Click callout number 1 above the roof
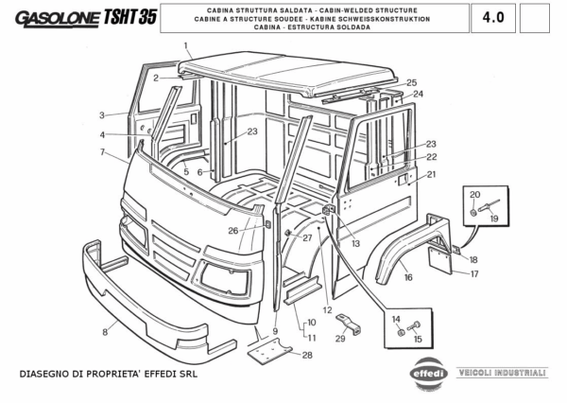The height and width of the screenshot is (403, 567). [x=187, y=45]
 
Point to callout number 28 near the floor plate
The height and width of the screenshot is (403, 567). [x=307, y=355]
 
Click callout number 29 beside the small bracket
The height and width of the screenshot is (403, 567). [x=340, y=339]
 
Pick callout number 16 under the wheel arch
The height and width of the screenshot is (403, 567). [x=407, y=277]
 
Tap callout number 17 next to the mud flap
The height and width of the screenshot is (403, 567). [x=475, y=273]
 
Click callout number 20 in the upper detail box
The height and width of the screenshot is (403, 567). [x=473, y=193]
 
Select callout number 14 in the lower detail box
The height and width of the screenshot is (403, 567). [x=396, y=320]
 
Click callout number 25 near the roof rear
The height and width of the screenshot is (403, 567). [x=411, y=83]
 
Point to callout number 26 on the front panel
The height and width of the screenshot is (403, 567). [x=232, y=230]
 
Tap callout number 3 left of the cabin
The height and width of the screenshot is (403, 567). [x=100, y=115]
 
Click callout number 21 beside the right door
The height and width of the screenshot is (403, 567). [x=431, y=174]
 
